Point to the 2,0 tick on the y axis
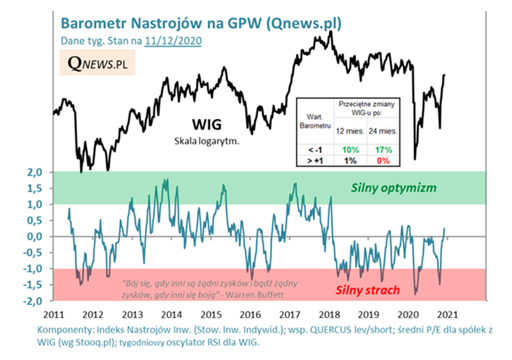pos(34,173)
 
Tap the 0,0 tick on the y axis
pos(34,237)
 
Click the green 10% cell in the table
pos(349,150)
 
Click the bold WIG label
pos(207,123)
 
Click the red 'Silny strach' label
pos(366,290)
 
